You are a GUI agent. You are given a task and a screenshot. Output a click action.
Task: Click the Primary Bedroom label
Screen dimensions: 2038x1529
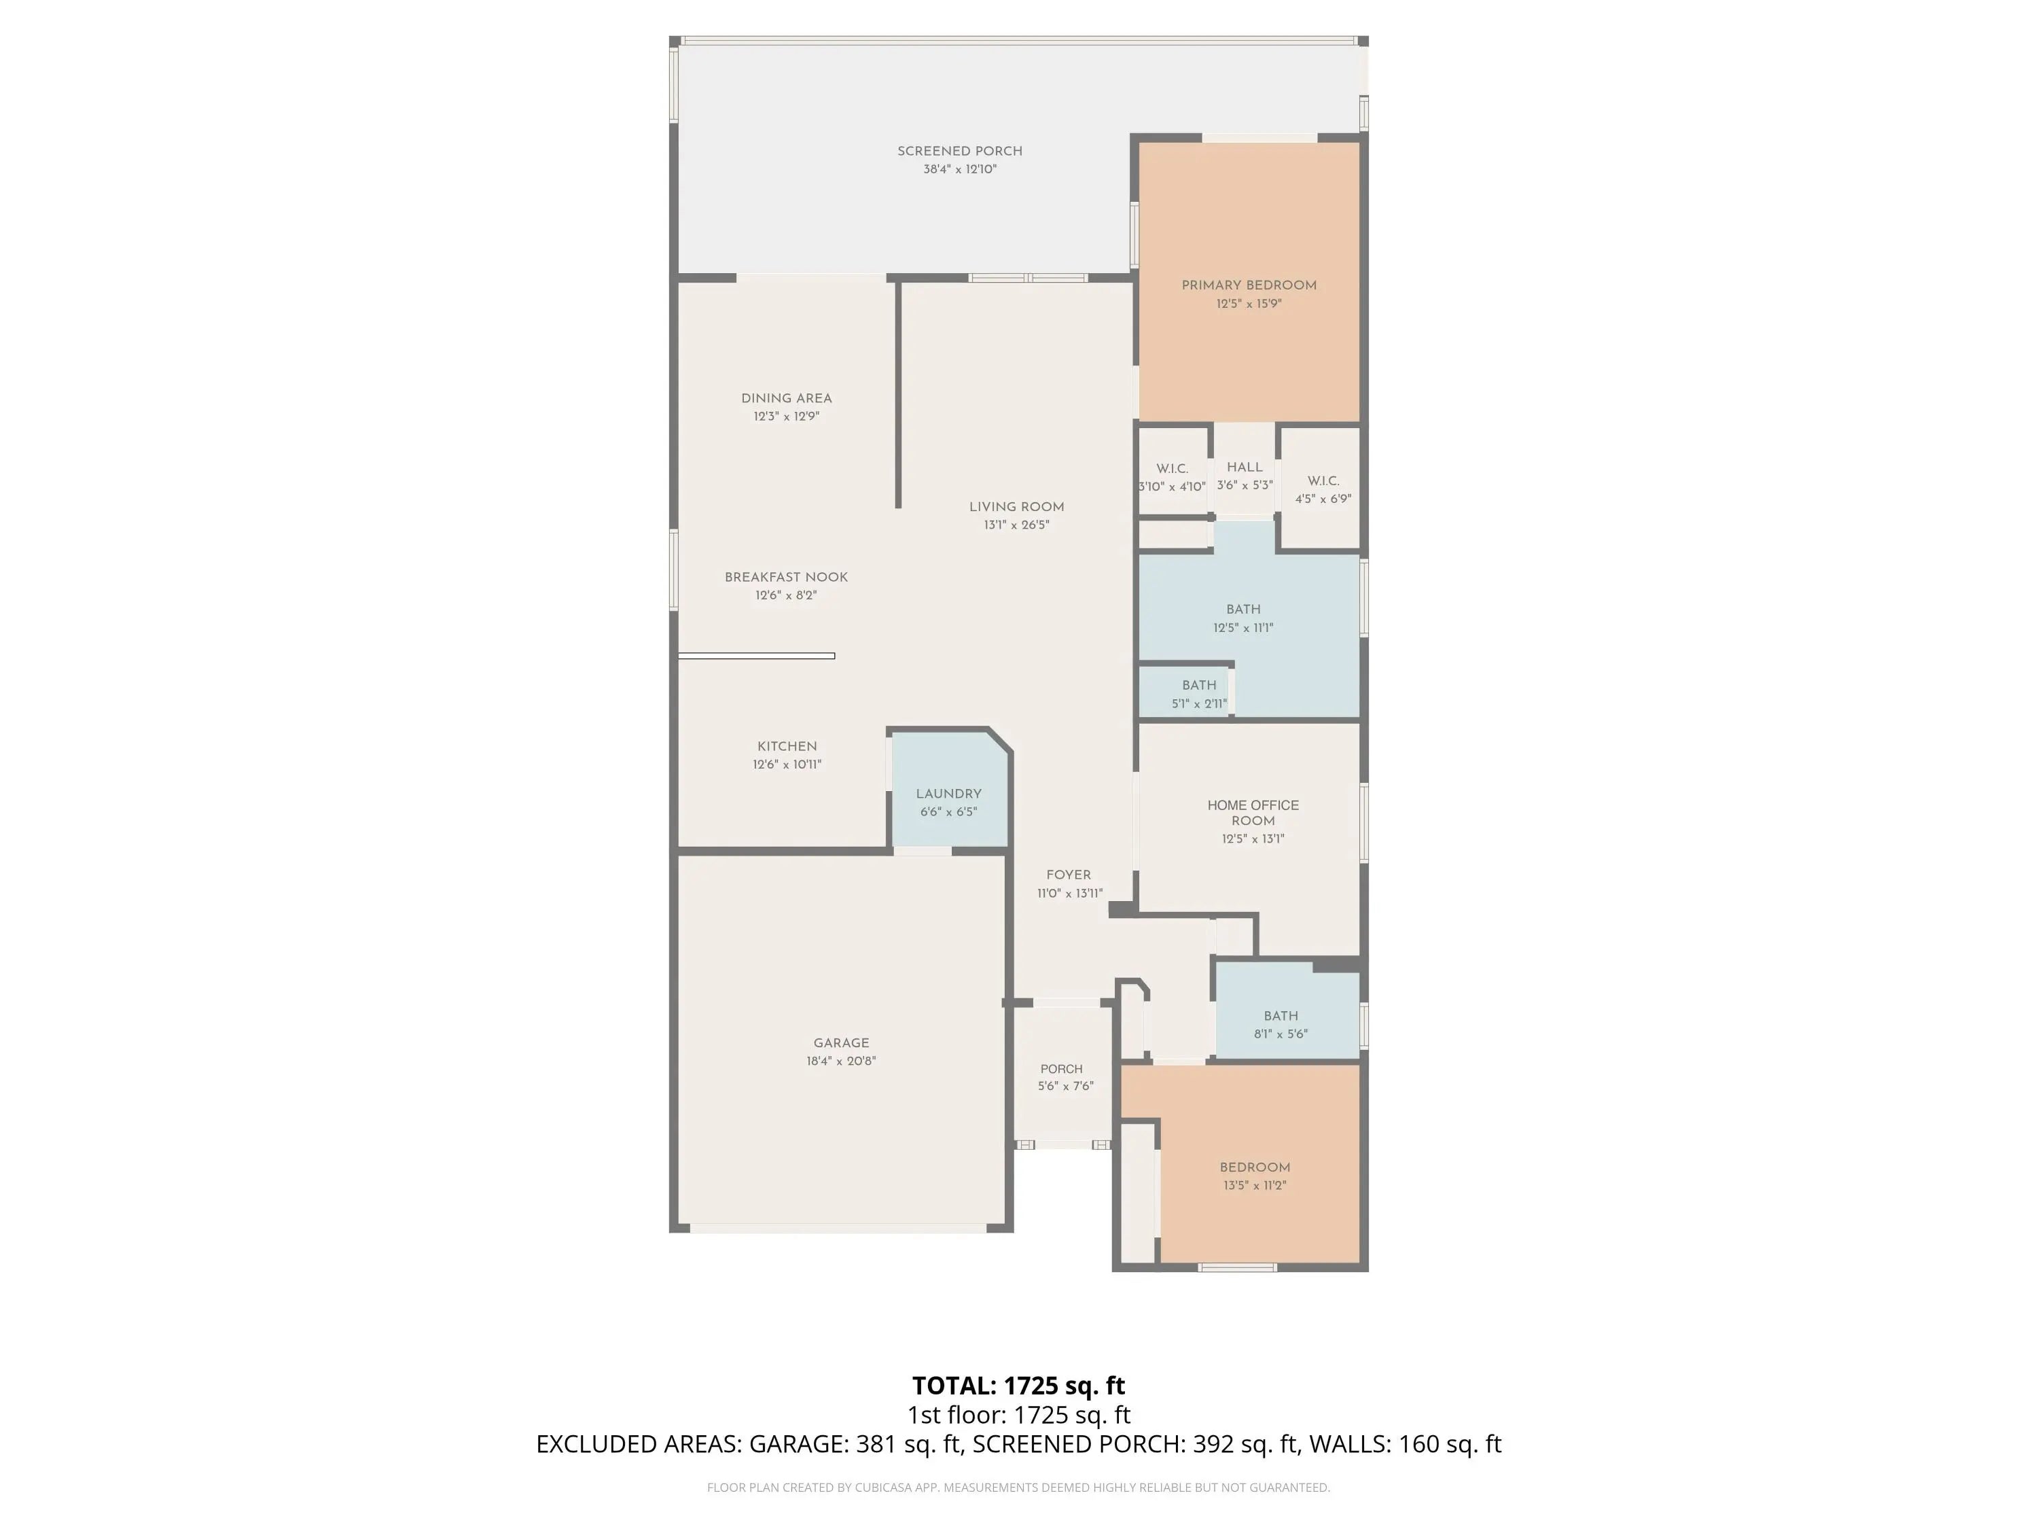pyautogui.click(x=1249, y=285)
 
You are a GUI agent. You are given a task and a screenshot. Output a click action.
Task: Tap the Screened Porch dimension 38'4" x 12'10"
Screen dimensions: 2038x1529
pyautogui.click(x=960, y=170)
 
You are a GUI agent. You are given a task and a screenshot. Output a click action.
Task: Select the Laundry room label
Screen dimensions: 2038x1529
pyautogui.click(x=948, y=794)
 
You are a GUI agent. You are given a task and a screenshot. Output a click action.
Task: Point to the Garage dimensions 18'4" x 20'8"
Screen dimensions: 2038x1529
pyautogui.click(x=841, y=1061)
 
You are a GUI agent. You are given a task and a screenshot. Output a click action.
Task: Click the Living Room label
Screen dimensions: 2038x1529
pyautogui.click(x=1016, y=507)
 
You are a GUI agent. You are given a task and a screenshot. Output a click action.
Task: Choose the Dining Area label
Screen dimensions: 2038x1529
pyautogui.click(x=786, y=398)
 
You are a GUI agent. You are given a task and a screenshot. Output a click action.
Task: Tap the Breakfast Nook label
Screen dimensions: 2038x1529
pyautogui.click(x=786, y=577)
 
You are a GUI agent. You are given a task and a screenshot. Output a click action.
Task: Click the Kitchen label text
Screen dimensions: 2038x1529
pyautogui.click(x=787, y=747)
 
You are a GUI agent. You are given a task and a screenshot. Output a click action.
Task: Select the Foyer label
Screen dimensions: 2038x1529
pyautogui.click(x=1069, y=875)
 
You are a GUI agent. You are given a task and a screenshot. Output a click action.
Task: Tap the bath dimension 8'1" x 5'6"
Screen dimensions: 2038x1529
pyautogui.click(x=1281, y=1034)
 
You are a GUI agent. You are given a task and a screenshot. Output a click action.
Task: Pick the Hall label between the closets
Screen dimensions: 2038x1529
pyautogui.click(x=1245, y=468)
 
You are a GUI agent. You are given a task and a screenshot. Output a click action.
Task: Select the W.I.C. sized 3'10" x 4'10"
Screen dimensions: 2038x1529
pyautogui.click(x=1172, y=478)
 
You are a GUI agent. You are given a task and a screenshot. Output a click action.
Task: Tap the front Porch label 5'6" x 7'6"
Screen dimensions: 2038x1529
pyautogui.click(x=1065, y=1077)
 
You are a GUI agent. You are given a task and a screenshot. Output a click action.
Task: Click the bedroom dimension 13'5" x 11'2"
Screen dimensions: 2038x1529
pyautogui.click(x=1255, y=1185)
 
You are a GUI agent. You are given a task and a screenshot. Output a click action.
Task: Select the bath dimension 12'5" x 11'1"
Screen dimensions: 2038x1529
pyautogui.click(x=1243, y=629)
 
